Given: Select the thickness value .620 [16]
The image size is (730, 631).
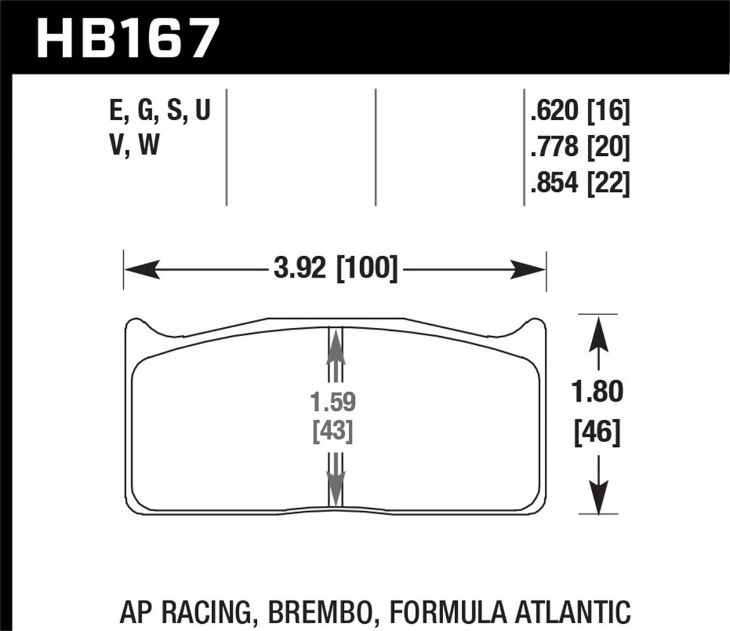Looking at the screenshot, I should [x=580, y=111].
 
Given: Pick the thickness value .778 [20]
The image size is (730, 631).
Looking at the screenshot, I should [x=580, y=147].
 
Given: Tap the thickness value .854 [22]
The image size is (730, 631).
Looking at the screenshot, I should [x=580, y=183].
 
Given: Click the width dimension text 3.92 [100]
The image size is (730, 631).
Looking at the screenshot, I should [x=336, y=268].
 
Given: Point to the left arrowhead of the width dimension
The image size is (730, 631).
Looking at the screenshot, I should [x=141, y=269].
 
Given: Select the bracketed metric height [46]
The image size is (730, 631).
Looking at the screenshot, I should [x=597, y=432].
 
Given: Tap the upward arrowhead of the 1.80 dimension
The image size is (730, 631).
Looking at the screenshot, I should [x=598, y=334].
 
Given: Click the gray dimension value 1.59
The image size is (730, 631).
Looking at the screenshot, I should [x=333, y=401].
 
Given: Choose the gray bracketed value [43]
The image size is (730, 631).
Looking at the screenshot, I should [x=333, y=431].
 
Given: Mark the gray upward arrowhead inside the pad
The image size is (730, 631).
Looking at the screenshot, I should [x=335, y=349].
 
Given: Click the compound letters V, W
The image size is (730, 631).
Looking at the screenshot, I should [x=135, y=146].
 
